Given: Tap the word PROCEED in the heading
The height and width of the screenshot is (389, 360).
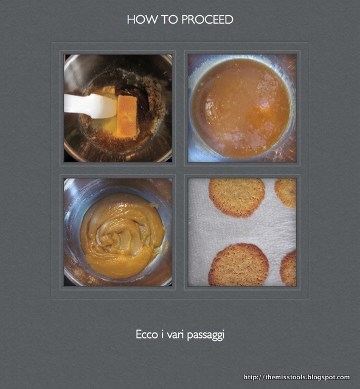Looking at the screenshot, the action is pos(207,19).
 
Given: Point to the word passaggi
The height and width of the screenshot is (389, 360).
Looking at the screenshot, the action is pos(206,335).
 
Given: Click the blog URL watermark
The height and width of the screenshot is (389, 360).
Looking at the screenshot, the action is pos(297,377).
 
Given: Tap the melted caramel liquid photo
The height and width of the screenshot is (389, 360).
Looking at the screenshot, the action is pos(242,108).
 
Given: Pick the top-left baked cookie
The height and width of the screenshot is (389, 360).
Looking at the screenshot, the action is pos(237,197).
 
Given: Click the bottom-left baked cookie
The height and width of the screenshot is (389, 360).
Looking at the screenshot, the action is pos(238,265).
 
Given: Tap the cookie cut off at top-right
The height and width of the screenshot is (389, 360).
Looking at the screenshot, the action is pos(286,193).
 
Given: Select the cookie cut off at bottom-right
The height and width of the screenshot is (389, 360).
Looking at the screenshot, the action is pos(288,269).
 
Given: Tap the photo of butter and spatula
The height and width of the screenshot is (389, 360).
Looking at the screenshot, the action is pos(118,108).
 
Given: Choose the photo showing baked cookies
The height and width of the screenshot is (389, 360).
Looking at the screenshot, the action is pos(242,232).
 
